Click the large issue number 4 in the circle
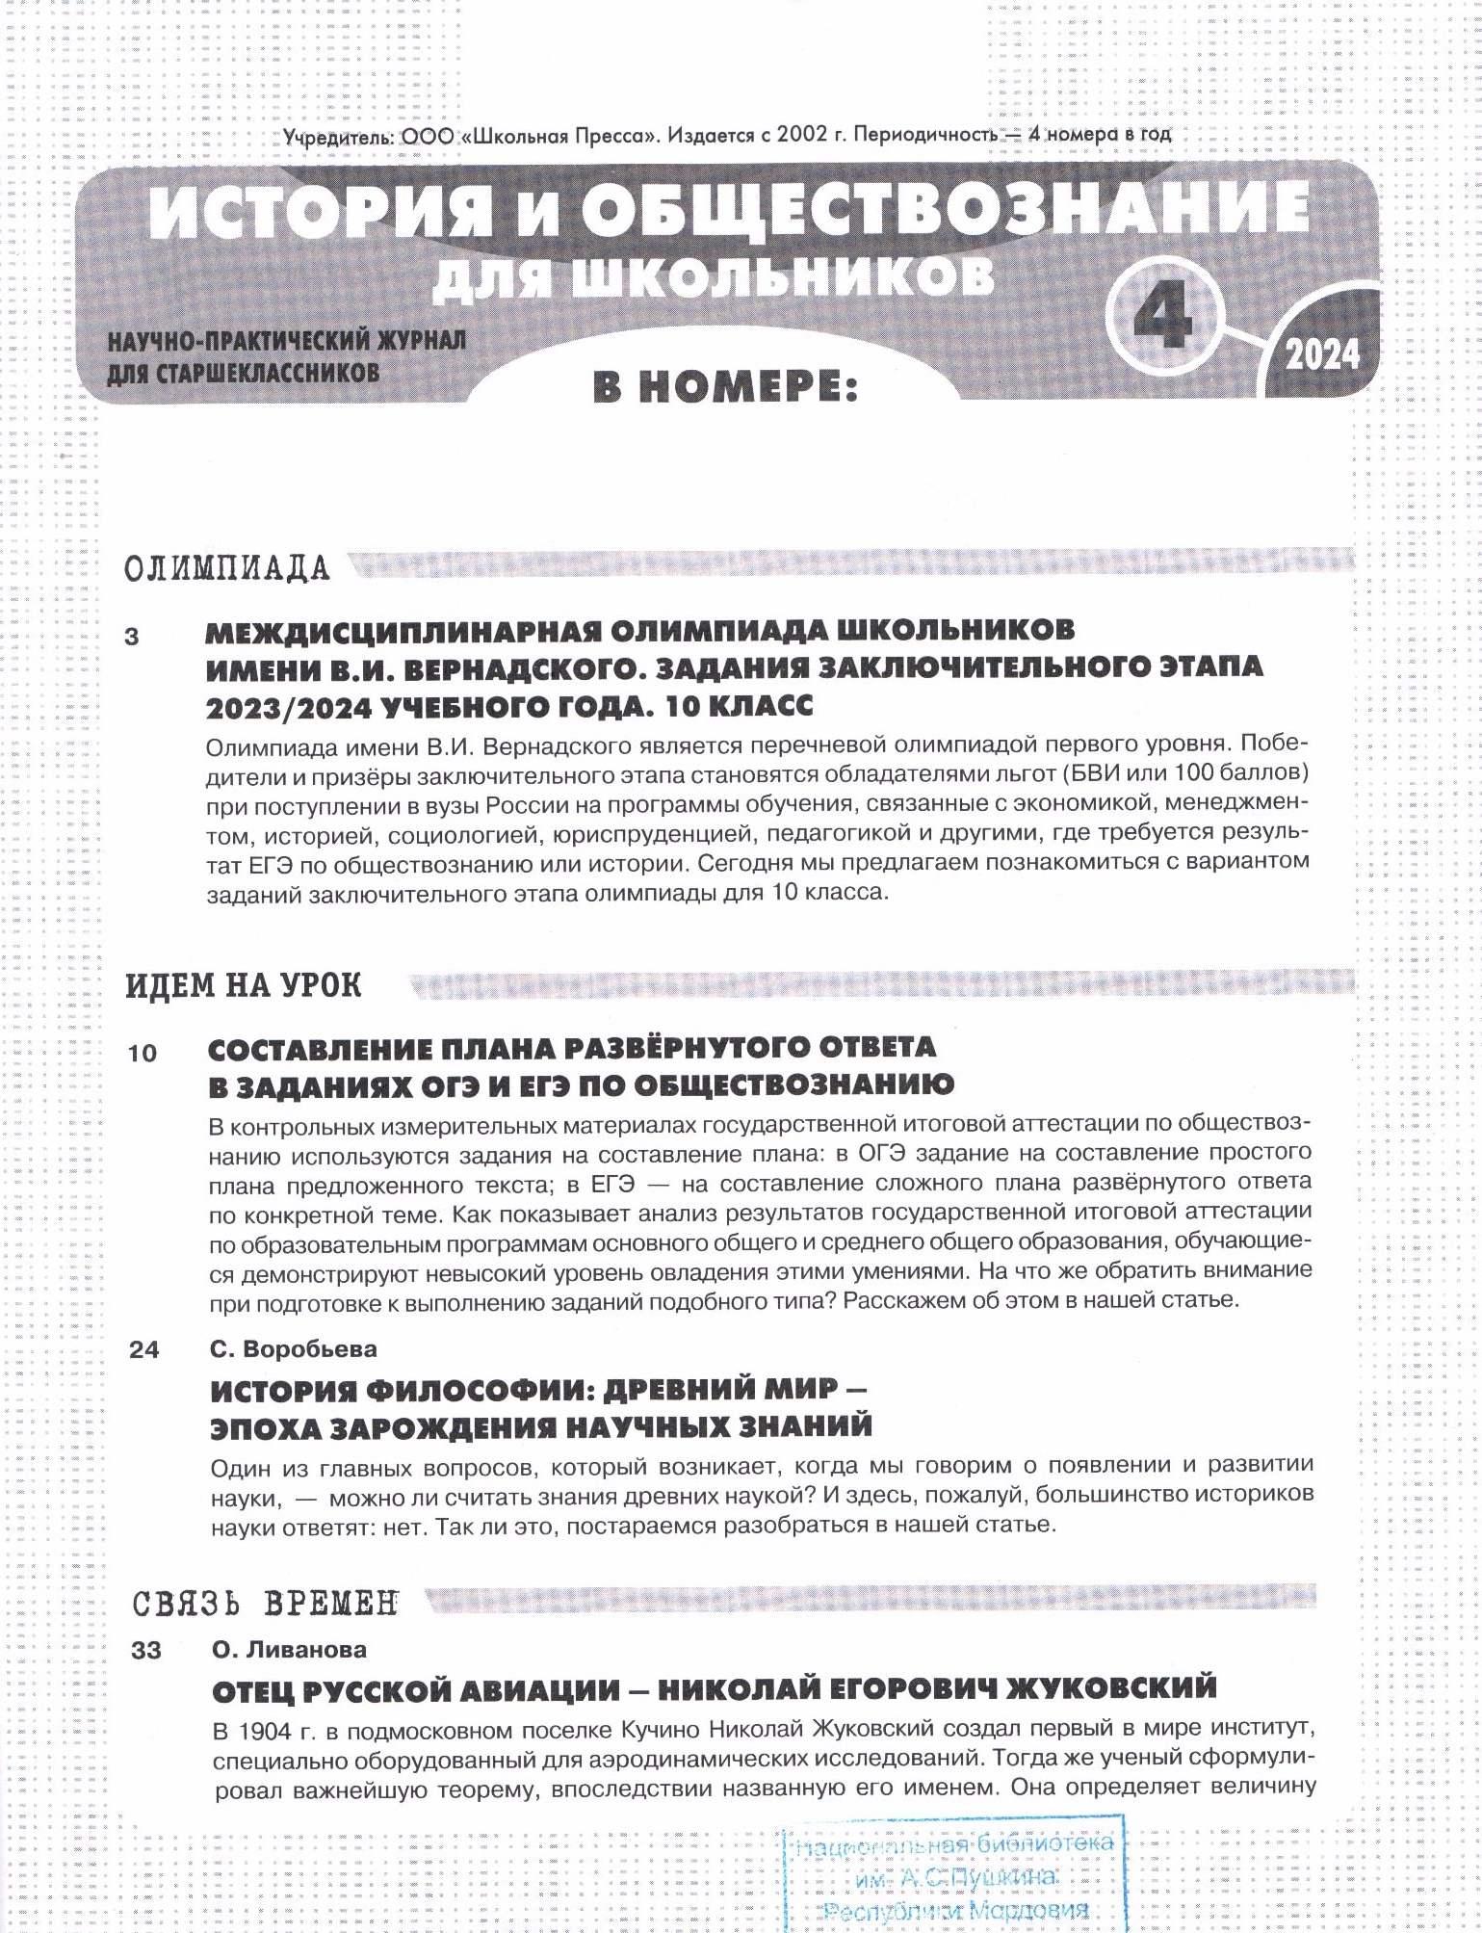[x=1163, y=317]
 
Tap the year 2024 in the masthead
[x=1322, y=354]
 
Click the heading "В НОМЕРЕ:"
[x=724, y=387]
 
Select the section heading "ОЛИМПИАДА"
[x=227, y=568]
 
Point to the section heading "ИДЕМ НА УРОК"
[x=244, y=985]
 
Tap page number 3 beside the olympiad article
[x=132, y=637]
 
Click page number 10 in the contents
[x=142, y=1054]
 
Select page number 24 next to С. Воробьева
[x=143, y=1350]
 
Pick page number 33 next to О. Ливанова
[x=146, y=1651]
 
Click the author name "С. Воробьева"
[x=294, y=1349]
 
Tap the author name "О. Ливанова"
[x=289, y=1650]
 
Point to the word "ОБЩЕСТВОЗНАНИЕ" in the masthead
[x=944, y=210]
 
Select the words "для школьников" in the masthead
[x=713, y=276]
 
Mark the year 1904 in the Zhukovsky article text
[x=265, y=1732]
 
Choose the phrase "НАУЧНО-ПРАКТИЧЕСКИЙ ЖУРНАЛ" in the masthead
[x=286, y=341]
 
